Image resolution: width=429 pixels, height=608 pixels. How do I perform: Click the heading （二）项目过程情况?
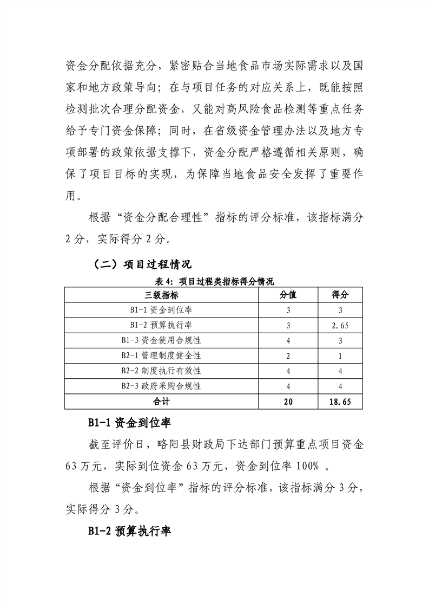click(142, 265)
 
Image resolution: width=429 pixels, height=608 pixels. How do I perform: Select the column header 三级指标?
click(162, 295)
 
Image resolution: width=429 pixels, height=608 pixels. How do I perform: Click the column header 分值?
click(288, 295)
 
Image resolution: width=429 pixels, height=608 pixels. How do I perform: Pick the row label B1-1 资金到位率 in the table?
click(162, 310)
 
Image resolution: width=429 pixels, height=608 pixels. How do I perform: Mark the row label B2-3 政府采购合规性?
click(162, 386)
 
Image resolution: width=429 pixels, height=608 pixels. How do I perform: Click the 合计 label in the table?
click(162, 402)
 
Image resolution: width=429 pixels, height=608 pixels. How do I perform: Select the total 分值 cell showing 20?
click(288, 402)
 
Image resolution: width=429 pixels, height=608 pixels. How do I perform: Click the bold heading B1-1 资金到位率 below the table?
click(130, 423)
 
